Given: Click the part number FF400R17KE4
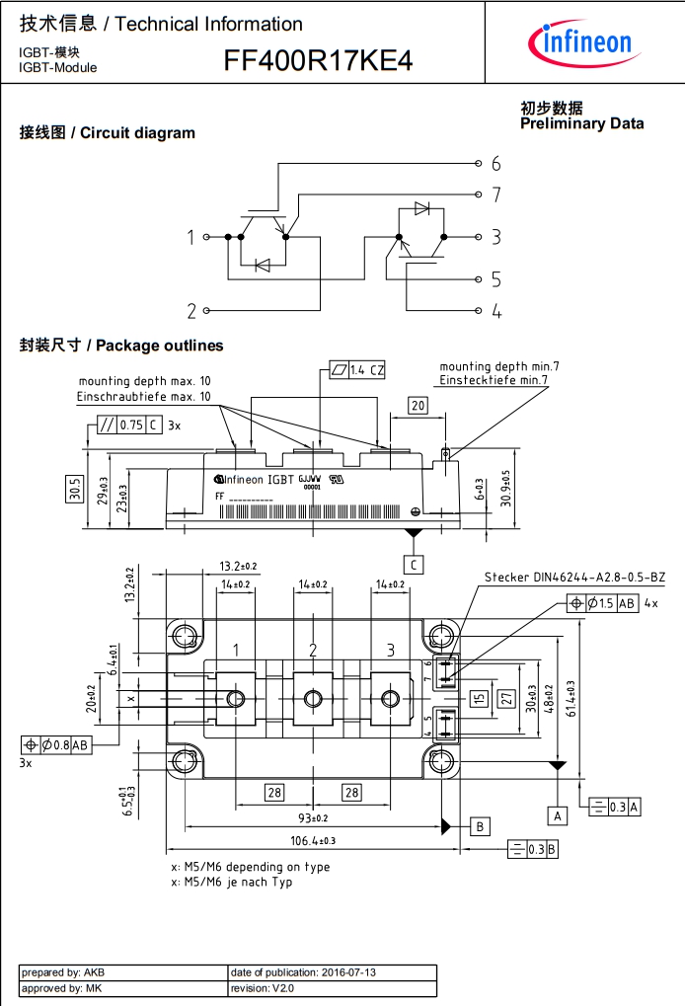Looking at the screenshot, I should click(318, 62).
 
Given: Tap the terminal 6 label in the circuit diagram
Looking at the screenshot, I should click(496, 163).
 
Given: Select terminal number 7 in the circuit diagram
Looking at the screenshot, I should click(496, 194).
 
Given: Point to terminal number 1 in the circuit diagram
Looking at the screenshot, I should click(191, 237).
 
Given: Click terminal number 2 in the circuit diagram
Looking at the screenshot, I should click(191, 311).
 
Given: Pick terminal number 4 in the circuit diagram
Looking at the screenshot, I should click(496, 312).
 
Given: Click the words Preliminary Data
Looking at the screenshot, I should click(581, 123).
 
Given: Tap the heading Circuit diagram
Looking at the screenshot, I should click(137, 133).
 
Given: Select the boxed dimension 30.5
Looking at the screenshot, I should click(75, 488).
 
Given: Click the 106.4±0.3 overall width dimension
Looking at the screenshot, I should click(313, 840).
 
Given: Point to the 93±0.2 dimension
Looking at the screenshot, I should click(313, 817).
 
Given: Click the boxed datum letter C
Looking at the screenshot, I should click(415, 564).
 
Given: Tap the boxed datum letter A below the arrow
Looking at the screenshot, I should click(559, 815).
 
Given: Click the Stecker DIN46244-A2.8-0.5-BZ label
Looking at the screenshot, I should click(574, 578).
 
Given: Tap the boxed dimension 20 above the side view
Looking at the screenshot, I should click(418, 406).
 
